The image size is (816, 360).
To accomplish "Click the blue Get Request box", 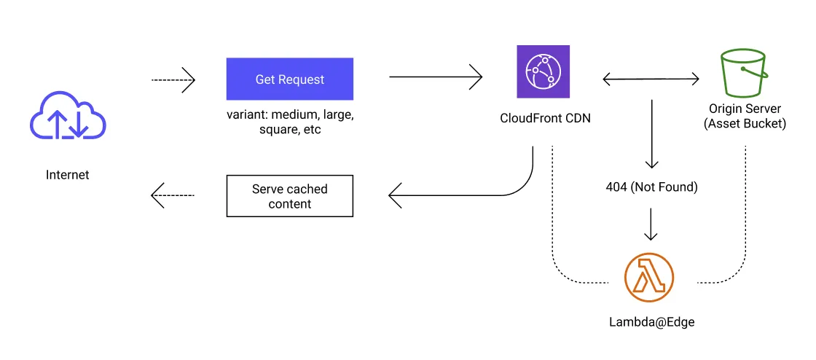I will pos(289,79).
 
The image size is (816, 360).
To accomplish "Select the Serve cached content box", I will pos(289,196).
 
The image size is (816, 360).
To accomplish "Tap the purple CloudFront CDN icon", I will pos(543,71).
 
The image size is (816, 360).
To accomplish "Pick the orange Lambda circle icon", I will pos(649,278).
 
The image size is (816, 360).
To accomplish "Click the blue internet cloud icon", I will pos(68,117).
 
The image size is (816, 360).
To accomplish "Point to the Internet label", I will pos(68,175).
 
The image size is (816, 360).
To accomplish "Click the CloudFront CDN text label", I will pos(544,117).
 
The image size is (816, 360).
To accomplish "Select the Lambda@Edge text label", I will pos(651,321).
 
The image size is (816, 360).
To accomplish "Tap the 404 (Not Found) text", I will pos(651,187).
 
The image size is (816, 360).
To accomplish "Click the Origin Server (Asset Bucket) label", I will pos(745,117).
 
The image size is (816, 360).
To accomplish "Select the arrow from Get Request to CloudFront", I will pos(436,76).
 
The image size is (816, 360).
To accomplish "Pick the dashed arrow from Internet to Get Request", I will pos(173,79).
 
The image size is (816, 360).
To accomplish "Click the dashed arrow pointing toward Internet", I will pos(173,195).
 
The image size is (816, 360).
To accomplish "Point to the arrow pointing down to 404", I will pos(651,134).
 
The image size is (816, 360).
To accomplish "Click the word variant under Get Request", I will pos(246,115).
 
